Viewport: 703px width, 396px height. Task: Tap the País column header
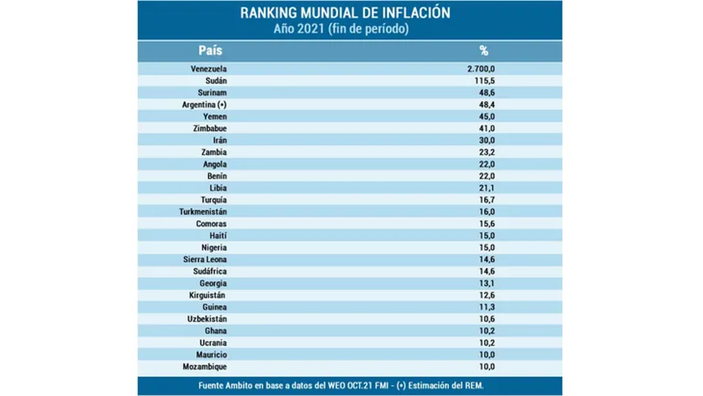[x=210, y=50]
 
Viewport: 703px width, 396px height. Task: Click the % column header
[x=484, y=50]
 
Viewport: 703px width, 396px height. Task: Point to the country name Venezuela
[x=209, y=69]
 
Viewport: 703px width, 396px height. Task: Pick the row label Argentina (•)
[x=204, y=105]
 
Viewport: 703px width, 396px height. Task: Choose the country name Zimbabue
[x=209, y=128]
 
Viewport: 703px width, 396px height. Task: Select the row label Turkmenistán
[x=203, y=212]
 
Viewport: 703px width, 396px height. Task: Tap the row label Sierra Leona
[x=204, y=260]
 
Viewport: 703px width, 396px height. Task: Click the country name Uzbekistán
[x=207, y=319]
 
